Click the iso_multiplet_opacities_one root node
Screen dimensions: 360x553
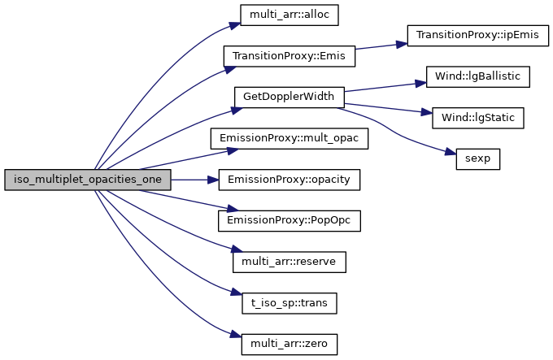[x=88, y=180]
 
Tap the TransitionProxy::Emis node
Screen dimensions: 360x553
[x=289, y=56]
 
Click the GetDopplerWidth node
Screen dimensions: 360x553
[x=289, y=97]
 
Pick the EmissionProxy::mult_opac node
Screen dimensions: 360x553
[x=289, y=138]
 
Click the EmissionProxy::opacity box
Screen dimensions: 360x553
[x=289, y=180]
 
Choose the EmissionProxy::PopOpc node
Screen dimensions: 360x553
[x=289, y=220]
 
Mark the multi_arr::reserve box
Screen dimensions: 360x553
[x=289, y=262]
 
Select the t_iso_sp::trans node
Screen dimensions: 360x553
[x=289, y=302]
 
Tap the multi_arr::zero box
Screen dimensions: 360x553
[x=289, y=343]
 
